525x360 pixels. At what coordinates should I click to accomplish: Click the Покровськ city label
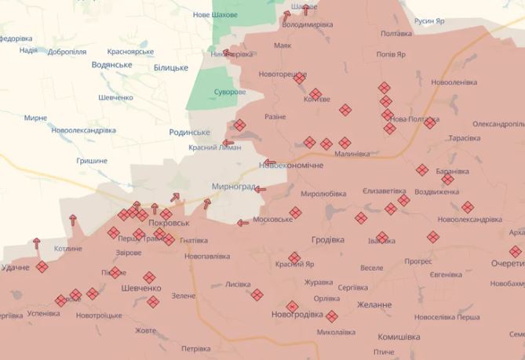169,223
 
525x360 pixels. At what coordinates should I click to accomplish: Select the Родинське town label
190,133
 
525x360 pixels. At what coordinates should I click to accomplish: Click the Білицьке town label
171,68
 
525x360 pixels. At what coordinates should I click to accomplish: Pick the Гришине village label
92,160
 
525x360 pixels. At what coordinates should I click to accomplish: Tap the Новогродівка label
297,315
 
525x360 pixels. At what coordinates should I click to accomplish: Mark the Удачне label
16,267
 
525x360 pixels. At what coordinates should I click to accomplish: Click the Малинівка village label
352,154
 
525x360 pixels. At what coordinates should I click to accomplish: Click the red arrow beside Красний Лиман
228,144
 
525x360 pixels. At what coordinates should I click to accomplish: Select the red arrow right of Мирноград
260,189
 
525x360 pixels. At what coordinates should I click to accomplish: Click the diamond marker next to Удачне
42,267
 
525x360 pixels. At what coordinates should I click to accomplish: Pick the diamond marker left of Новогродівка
257,295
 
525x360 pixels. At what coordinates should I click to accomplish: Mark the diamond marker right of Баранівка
447,179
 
